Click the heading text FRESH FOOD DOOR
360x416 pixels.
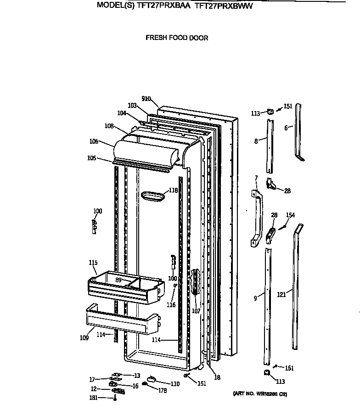(x=177, y=38)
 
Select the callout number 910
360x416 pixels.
(x=146, y=99)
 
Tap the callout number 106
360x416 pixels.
(x=94, y=141)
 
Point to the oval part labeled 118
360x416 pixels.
(x=153, y=197)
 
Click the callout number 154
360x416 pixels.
(x=290, y=215)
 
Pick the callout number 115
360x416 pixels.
(x=93, y=263)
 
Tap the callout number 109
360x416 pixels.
(x=84, y=338)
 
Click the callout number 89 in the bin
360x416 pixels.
(x=118, y=280)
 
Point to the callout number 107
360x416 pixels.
(x=196, y=310)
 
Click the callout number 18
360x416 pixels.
(x=217, y=377)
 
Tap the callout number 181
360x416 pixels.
(x=94, y=398)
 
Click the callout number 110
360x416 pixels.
(x=175, y=383)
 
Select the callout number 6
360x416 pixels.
(x=286, y=128)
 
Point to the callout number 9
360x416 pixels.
(x=255, y=298)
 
